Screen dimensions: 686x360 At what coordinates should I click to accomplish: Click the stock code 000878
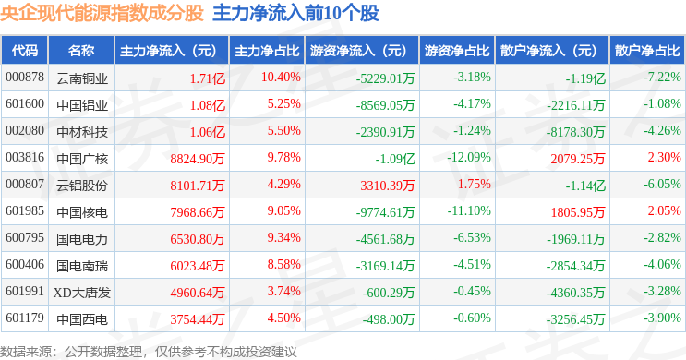25,77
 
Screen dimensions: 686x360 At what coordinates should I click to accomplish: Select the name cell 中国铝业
82,105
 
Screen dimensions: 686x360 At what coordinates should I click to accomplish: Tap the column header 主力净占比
267,51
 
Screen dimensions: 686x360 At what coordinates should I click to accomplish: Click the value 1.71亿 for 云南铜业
208,78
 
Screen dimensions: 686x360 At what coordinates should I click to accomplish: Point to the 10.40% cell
281,77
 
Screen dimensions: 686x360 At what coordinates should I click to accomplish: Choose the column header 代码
25,51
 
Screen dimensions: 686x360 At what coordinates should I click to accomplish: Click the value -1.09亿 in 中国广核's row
395,159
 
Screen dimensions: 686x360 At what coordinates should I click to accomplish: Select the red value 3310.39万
387,186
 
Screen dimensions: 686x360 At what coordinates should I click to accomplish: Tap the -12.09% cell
468,157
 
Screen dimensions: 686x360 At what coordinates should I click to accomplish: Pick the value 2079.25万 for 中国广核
577,159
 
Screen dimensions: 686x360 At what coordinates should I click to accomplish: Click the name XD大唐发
82,293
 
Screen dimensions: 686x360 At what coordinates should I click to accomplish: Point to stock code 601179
25,318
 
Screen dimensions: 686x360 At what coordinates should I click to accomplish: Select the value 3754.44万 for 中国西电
198,319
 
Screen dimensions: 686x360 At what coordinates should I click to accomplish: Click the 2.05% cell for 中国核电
664,210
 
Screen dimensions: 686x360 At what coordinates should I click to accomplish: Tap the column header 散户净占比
647,51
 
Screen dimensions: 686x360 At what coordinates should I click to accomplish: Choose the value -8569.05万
385,105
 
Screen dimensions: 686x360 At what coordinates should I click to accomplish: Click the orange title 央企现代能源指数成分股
102,13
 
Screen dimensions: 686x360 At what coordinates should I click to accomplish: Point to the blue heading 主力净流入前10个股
295,13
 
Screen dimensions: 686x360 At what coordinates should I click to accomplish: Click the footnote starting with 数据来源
149,352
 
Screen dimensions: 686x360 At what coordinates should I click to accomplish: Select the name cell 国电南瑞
82,266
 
